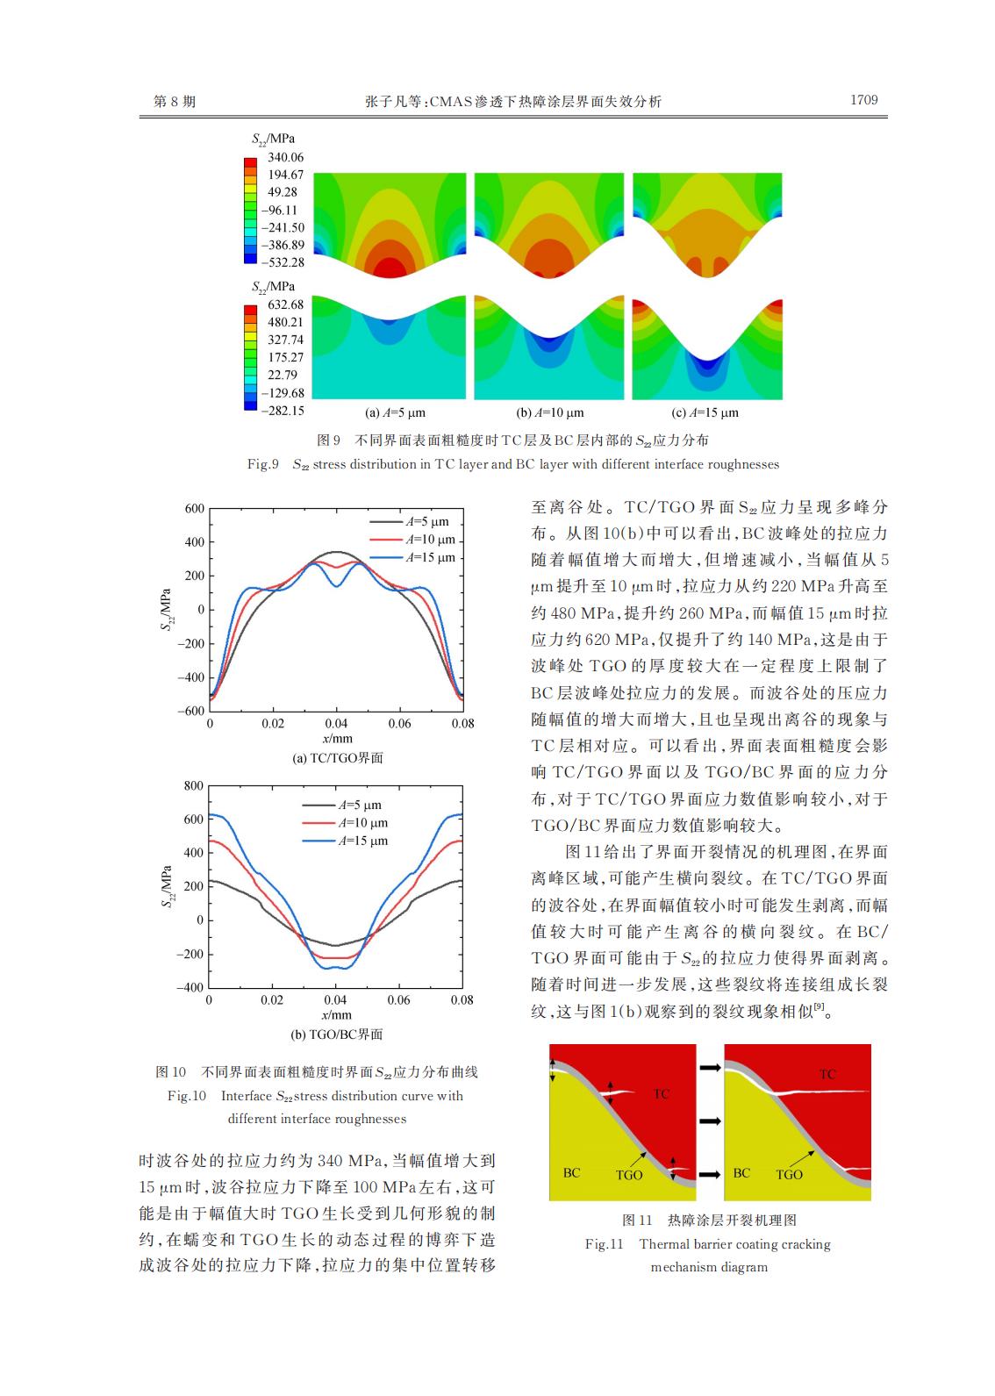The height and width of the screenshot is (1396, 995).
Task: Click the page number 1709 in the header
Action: [863, 100]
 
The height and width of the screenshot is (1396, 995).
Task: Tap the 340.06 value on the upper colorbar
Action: [285, 157]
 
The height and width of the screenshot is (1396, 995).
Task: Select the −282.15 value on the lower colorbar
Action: [283, 410]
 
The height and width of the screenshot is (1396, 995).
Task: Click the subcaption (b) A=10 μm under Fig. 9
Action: [549, 412]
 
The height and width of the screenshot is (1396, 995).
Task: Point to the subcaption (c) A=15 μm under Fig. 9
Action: [705, 412]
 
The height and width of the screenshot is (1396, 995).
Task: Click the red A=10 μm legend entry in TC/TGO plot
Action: [412, 539]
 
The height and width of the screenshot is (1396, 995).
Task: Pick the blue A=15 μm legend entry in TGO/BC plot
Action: [345, 841]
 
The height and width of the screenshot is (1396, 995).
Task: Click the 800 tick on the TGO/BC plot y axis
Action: [193, 785]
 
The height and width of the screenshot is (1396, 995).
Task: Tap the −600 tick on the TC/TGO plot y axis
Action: [190, 711]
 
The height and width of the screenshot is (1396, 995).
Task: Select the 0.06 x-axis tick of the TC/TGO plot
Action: [399, 724]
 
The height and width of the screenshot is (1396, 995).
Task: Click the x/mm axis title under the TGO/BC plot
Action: [336, 1014]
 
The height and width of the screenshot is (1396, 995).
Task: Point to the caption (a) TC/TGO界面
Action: [338, 758]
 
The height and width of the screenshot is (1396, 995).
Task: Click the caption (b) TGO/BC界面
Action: [336, 1034]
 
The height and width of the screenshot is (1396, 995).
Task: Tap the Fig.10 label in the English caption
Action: [186, 1096]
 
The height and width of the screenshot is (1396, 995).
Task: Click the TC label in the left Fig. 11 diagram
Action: [661, 1094]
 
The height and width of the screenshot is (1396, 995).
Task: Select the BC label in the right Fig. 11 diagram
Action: [741, 1173]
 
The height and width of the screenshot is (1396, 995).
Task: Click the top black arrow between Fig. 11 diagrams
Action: [710, 1068]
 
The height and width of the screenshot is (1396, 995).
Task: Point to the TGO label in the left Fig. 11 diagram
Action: [628, 1175]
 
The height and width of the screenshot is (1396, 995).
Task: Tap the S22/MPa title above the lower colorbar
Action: [273, 287]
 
